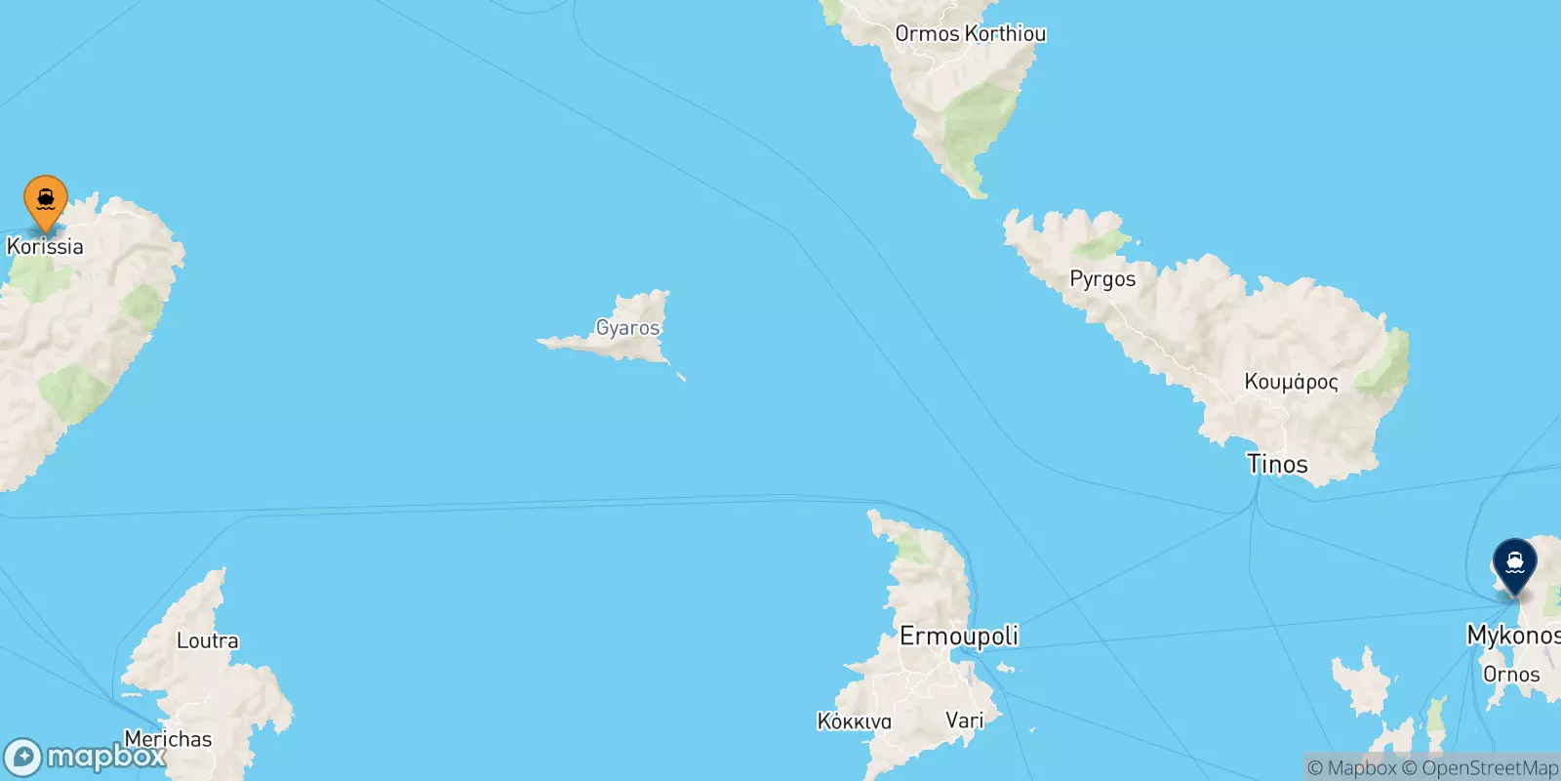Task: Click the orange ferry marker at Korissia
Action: [x=46, y=199]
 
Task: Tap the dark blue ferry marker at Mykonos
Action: [x=1514, y=563]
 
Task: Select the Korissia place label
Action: [x=45, y=246]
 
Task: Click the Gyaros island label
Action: [x=627, y=328]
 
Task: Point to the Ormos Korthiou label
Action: [x=970, y=33]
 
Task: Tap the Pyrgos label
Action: [x=1102, y=279]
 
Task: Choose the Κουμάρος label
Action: [x=1291, y=382]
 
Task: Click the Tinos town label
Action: [x=1277, y=464]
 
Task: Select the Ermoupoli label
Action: [x=958, y=637]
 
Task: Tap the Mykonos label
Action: [x=1512, y=636]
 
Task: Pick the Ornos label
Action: [x=1510, y=675]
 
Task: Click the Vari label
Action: [x=964, y=720]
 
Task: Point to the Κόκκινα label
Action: [x=854, y=721]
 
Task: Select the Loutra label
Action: [x=207, y=641]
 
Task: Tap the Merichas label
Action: [x=168, y=739]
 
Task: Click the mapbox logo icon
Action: [x=22, y=758]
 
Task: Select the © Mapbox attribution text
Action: [x=1352, y=768]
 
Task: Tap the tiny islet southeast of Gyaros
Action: [x=681, y=377]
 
